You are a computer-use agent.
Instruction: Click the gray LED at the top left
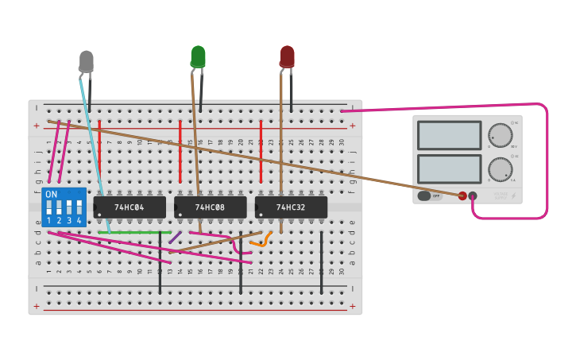[86, 60]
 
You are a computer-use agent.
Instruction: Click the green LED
[198, 56]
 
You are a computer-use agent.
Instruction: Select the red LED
[287, 56]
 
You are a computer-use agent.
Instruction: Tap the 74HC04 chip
[130, 207]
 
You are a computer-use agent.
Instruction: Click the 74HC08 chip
[211, 207]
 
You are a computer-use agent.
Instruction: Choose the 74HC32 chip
[291, 207]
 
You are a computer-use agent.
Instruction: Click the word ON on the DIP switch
[52, 194]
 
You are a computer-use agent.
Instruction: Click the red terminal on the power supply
[462, 195]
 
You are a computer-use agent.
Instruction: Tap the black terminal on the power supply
[473, 195]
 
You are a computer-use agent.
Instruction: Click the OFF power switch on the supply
[430, 195]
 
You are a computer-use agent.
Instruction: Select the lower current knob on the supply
[500, 168]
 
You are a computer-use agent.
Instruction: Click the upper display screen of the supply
[449, 135]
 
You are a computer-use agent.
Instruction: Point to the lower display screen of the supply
[449, 168]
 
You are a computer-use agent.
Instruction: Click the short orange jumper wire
[261, 240]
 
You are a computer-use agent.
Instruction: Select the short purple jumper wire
[175, 237]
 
